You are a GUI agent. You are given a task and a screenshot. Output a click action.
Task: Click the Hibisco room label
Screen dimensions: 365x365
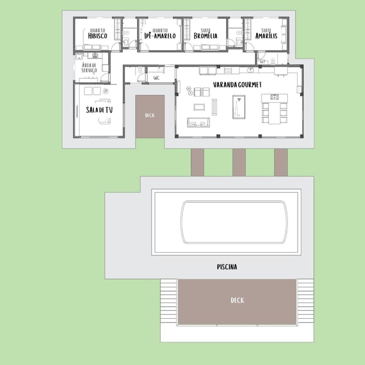98,34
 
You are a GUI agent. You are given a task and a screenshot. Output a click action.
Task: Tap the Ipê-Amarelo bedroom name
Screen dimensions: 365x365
160,34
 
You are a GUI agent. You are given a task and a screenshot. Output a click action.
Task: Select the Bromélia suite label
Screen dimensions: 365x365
206,34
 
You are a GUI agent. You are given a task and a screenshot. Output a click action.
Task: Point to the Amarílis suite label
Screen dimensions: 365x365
266,34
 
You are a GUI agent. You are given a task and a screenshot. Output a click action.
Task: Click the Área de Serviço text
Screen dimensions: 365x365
89,68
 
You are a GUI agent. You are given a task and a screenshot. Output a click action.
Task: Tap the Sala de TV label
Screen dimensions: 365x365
99,110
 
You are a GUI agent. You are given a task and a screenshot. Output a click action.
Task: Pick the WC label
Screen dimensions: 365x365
156,78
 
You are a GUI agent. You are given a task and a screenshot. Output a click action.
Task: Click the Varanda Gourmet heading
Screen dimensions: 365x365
237,84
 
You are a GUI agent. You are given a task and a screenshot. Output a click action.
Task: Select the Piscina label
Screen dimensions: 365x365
227,267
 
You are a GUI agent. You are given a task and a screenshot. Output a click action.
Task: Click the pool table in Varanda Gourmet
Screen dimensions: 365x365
239,107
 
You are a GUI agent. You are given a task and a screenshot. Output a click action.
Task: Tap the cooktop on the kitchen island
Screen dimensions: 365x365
275,97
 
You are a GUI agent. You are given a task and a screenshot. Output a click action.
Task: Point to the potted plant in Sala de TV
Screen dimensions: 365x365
105,91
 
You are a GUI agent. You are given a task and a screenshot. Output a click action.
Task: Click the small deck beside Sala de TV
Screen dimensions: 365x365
150,116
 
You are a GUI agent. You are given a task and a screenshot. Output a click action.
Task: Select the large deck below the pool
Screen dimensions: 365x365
237,302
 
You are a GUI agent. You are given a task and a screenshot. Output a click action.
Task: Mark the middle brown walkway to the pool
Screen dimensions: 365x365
239,162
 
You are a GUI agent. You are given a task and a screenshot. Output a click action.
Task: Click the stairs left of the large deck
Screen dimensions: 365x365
168,301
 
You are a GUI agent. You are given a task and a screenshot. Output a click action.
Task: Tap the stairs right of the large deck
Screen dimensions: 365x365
305,301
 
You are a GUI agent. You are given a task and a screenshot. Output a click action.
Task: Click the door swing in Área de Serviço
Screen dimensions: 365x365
105,77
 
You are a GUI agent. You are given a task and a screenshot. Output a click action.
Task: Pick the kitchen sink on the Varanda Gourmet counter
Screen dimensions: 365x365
251,70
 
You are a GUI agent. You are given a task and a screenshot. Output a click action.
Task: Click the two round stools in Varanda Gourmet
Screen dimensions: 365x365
189,91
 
